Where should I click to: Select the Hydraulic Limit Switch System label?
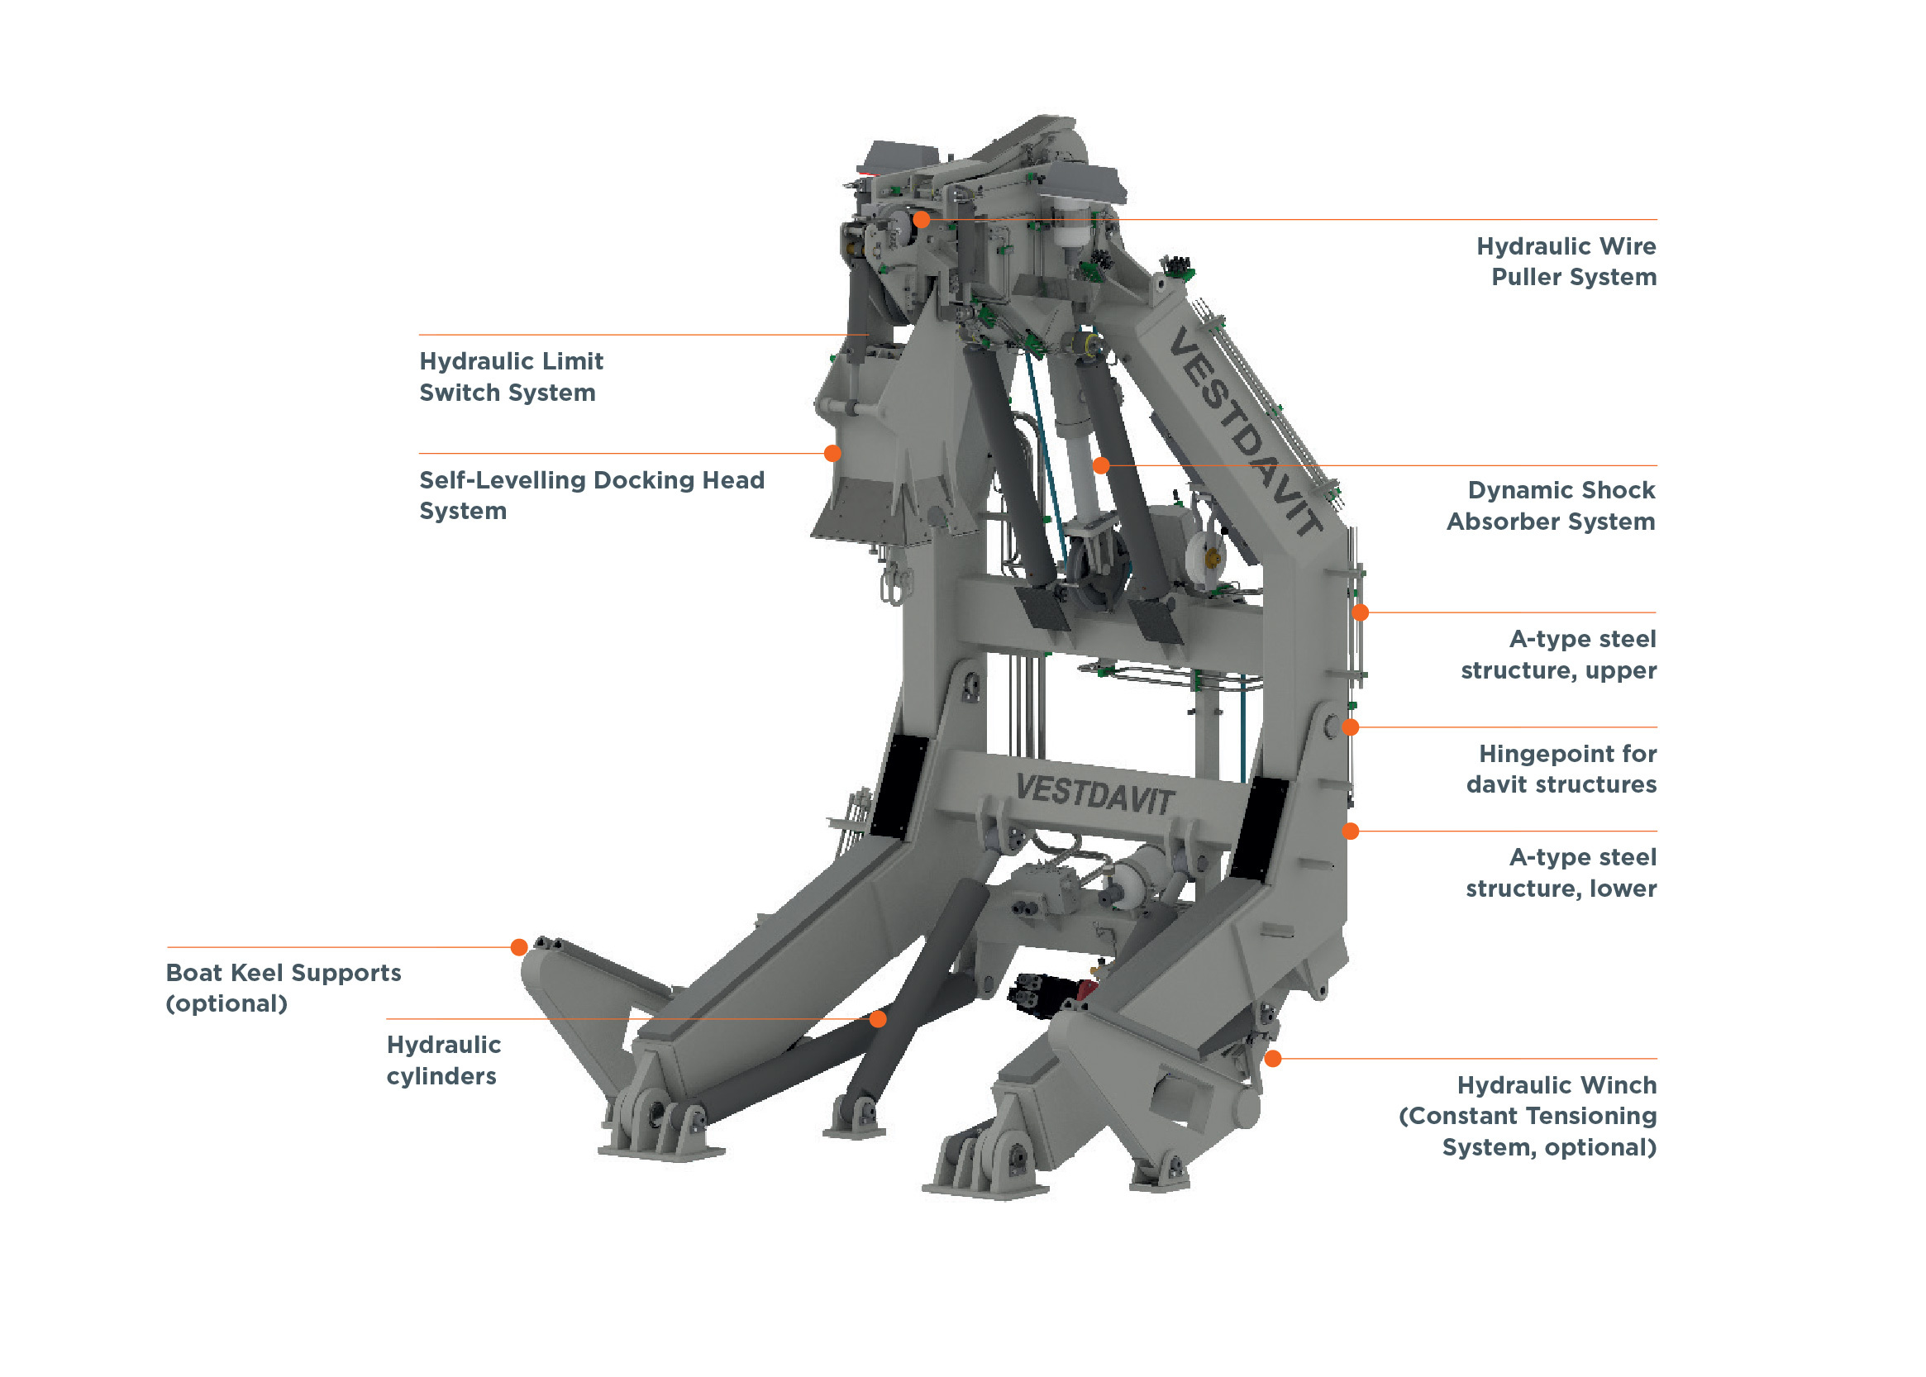[511, 376]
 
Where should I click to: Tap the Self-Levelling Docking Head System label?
[591, 495]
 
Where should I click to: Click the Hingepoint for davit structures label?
[1561, 768]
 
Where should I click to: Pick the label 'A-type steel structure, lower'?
[1561, 873]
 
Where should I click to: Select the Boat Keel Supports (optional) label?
[284, 987]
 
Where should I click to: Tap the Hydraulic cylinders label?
[444, 1060]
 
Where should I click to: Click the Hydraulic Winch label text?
[1527, 1115]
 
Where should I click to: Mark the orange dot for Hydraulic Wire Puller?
[922, 220]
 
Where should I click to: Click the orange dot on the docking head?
[833, 454]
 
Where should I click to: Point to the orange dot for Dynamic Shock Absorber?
[1101, 465]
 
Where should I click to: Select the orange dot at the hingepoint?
[1351, 727]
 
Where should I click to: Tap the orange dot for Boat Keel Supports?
[519, 947]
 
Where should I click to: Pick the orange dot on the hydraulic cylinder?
[879, 1019]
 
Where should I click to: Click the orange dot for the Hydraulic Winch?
[1273, 1058]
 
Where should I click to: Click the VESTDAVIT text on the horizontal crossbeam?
[1094, 794]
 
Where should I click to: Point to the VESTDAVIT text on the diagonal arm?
[1244, 431]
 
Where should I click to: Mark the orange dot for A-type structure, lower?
[1351, 831]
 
